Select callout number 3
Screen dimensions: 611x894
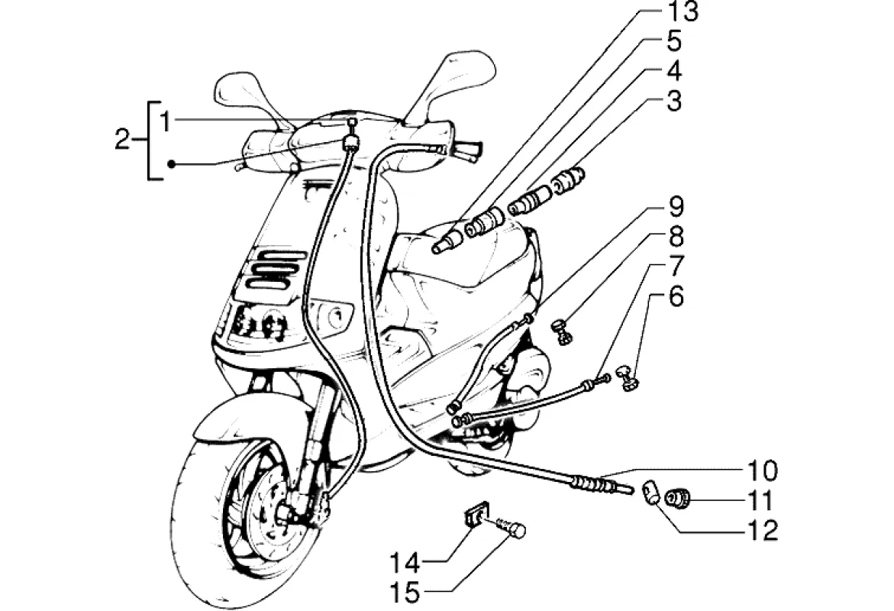coord(673,101)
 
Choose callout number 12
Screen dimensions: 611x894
coord(763,530)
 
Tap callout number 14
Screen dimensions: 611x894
coord(405,564)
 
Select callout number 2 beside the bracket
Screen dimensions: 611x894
coord(122,141)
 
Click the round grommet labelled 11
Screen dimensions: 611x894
coord(677,499)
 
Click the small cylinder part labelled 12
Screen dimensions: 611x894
coord(649,492)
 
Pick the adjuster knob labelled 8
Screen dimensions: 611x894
coord(563,332)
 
